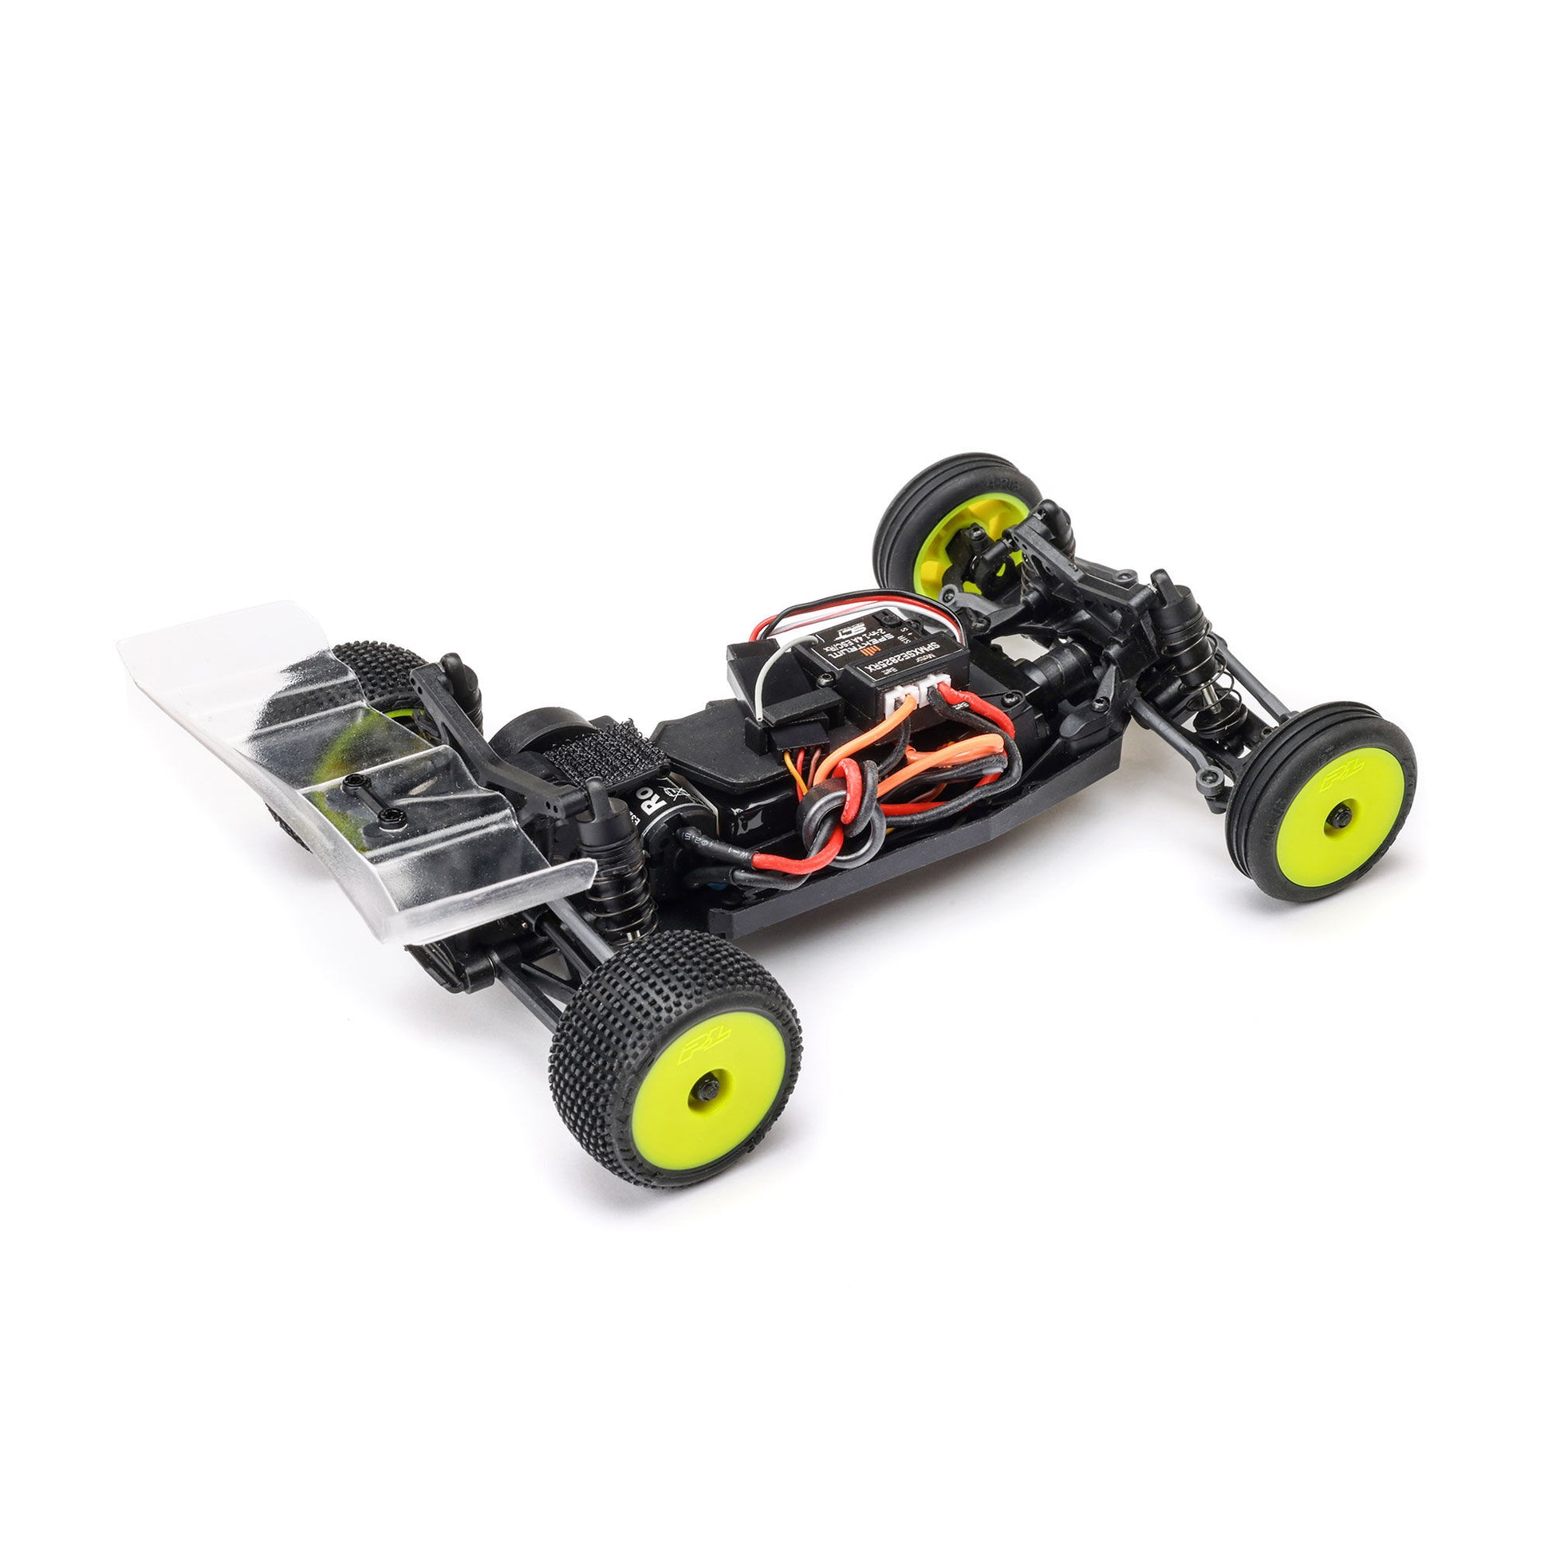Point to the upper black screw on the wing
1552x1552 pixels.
[354, 781]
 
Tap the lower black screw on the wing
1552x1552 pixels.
[392, 817]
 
